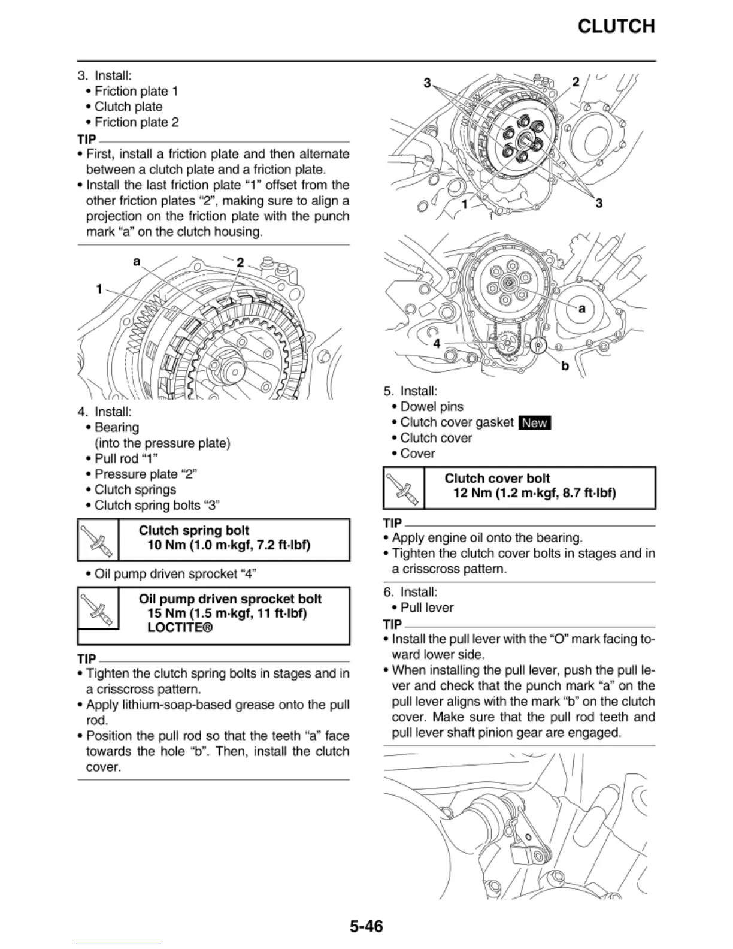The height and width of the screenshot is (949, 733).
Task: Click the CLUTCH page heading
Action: click(x=616, y=26)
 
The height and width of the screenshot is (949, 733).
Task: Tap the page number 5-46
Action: click(x=366, y=926)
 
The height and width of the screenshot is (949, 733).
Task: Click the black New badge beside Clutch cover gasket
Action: click(x=534, y=423)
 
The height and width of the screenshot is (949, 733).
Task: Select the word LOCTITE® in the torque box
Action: click(x=180, y=628)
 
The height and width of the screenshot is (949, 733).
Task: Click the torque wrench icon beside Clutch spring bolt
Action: click(x=99, y=540)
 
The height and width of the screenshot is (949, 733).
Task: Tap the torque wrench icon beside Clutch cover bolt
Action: click(x=404, y=488)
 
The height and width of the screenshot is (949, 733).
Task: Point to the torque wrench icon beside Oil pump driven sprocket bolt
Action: click(x=99, y=608)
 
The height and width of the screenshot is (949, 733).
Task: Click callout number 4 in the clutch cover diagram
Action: click(x=437, y=343)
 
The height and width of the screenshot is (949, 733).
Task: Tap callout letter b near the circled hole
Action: click(x=565, y=365)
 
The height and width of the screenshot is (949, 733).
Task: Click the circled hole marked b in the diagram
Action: click(x=539, y=346)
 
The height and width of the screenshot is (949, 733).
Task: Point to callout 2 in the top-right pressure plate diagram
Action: click(x=576, y=82)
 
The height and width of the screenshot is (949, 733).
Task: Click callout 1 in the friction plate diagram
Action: click(x=99, y=289)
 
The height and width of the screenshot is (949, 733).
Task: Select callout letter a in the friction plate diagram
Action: click(x=137, y=261)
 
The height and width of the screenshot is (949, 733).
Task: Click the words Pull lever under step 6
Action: click(x=426, y=608)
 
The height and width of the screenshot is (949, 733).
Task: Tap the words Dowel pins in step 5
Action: click(x=432, y=407)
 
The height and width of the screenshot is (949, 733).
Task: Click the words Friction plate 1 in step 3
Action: click(x=136, y=91)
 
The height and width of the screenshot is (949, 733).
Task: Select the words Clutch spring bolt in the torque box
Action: click(x=194, y=531)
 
